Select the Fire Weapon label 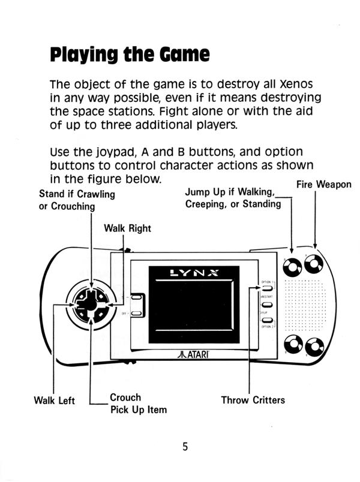tap(324, 185)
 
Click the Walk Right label tap(127, 228)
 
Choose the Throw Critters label tap(253, 400)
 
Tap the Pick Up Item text tap(138, 410)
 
